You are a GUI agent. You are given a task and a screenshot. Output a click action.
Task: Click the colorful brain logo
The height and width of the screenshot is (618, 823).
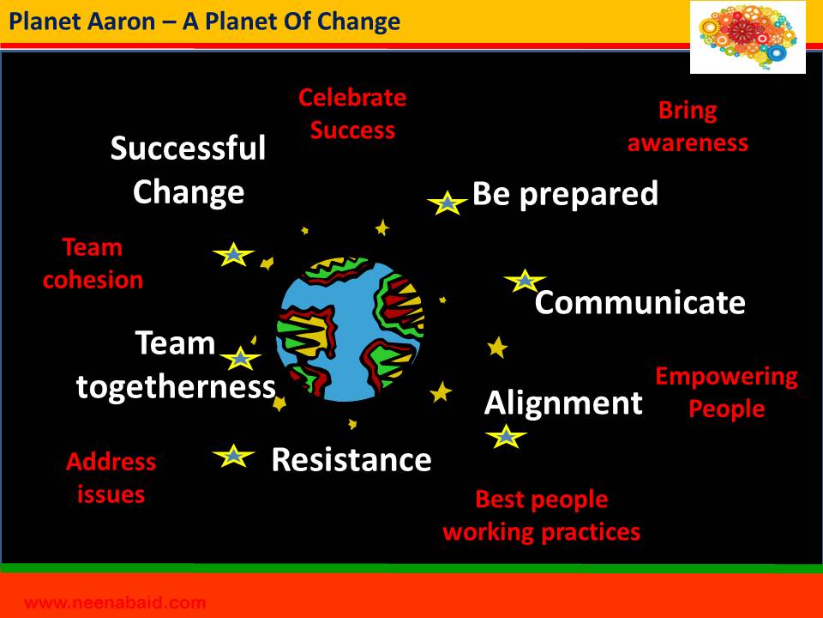coord(748,37)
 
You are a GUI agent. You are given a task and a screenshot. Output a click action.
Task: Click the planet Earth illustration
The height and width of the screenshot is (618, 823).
coord(351,330)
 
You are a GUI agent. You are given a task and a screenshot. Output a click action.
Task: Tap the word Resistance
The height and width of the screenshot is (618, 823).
coord(351,460)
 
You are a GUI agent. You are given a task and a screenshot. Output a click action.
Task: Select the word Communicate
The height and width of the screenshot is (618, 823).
coord(640,303)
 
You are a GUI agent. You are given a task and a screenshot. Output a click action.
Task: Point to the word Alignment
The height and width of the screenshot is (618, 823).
coord(563,403)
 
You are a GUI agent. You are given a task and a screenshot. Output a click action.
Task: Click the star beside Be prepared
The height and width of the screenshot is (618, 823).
coord(447,203)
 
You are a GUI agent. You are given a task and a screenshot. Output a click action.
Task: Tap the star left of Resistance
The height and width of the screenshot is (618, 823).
coord(233,456)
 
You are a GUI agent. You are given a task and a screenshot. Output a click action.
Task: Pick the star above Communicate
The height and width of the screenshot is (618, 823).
coord(525,281)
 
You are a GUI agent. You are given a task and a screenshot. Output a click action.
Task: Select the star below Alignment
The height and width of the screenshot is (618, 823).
coord(506,436)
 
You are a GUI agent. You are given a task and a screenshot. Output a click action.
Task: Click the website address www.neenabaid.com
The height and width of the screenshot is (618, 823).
coord(115,603)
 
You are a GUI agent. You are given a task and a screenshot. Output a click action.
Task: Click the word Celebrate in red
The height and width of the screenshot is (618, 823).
coord(352,98)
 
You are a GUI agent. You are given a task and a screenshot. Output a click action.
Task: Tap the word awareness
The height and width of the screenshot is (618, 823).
coord(688,143)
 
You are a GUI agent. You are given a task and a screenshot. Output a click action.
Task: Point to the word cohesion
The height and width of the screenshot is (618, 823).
coord(93,280)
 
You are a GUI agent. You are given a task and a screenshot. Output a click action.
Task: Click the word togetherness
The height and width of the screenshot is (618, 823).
coord(176,387)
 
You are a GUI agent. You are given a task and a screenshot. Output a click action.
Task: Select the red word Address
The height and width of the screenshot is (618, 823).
coord(111,462)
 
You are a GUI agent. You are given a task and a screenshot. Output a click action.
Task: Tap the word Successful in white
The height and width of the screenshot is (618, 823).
coord(188,148)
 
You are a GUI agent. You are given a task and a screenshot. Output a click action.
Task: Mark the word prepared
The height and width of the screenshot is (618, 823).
coord(588,195)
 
